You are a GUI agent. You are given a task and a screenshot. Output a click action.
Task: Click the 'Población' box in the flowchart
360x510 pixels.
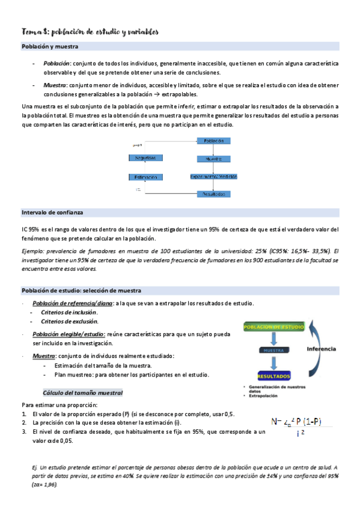tap(214, 141)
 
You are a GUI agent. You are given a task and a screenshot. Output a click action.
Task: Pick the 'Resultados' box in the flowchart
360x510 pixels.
tap(214, 194)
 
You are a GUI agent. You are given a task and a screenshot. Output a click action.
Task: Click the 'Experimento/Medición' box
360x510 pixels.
tap(214, 177)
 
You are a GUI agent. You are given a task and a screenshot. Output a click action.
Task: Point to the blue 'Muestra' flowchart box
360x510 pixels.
tap(214, 159)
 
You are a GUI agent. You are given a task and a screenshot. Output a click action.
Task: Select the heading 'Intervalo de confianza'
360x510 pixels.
tap(52, 213)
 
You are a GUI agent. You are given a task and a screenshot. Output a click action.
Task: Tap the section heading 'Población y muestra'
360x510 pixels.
tap(50, 46)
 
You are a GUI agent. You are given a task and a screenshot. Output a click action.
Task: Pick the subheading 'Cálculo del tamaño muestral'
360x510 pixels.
tap(84, 393)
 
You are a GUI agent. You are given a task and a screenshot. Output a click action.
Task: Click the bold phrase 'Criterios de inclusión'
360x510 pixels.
tap(69, 312)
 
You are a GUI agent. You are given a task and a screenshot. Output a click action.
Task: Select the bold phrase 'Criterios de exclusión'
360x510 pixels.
tap(69, 322)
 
